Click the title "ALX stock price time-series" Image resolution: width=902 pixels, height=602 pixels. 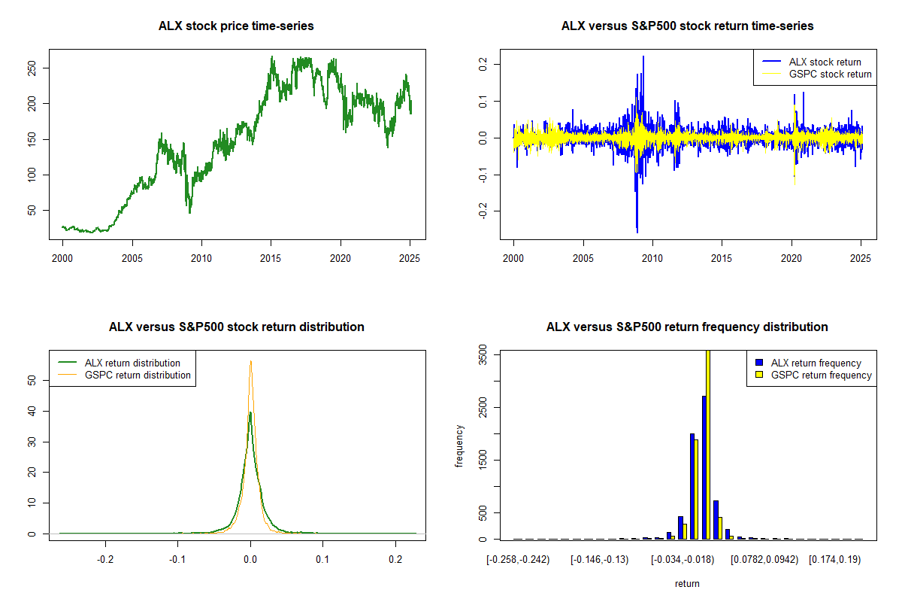tap(236, 26)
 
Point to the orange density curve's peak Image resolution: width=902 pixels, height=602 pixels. tap(250, 362)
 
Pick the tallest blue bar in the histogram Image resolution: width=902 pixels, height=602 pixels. tap(704, 467)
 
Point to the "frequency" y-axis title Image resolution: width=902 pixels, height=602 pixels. tap(459, 446)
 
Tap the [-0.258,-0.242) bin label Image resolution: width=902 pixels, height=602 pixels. tap(517, 560)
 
